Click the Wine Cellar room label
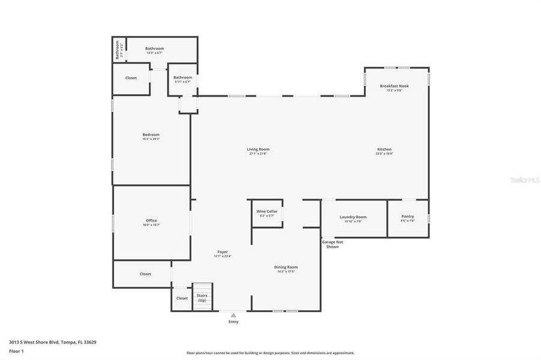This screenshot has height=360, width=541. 266,211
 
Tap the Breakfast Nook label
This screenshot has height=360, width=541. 394,86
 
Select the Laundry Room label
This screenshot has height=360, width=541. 353,217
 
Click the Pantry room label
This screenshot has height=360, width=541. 408,217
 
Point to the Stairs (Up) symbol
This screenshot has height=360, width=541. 202,296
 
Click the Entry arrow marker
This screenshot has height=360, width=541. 233,315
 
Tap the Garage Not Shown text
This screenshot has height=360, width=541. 332,244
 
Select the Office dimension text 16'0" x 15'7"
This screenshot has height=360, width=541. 151,225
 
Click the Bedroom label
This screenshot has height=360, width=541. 151,134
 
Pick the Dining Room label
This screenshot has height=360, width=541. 286,267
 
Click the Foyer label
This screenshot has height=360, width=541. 222,251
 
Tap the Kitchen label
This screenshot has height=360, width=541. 384,149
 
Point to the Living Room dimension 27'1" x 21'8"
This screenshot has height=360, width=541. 258,154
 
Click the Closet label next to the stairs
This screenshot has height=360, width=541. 181,298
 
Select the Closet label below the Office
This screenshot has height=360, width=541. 145,274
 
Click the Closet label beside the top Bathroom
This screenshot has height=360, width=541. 131,78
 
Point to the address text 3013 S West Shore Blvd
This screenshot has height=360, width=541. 52,342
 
